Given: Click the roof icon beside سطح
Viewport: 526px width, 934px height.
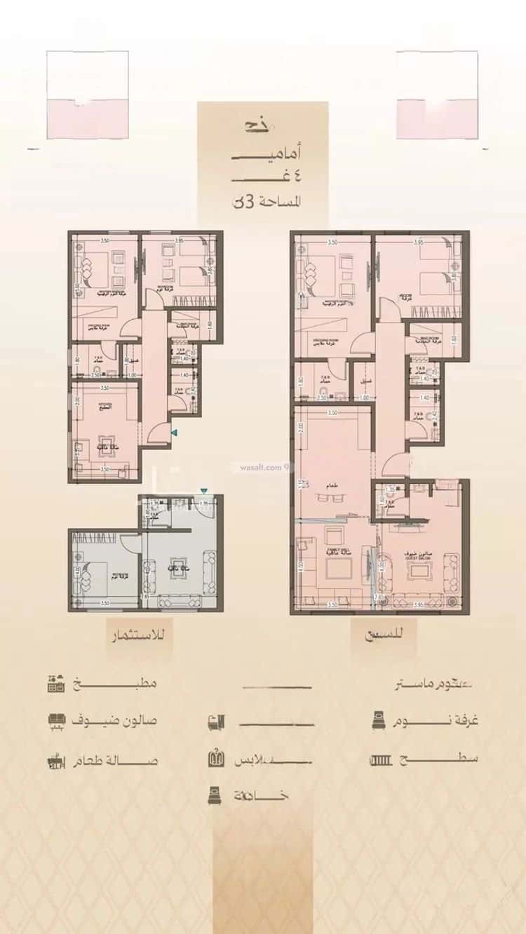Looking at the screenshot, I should (379, 759).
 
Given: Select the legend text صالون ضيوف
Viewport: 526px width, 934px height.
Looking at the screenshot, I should (123, 720).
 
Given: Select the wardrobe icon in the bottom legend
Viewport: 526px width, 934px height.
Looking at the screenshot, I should (216, 759).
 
